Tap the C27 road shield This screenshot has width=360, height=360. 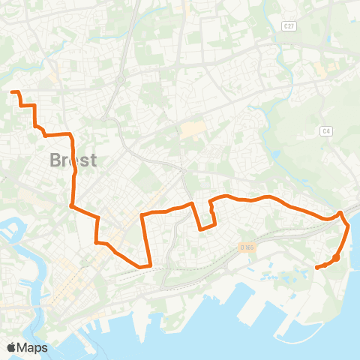(x=288, y=25)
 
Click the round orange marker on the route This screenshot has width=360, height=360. (x=336, y=258)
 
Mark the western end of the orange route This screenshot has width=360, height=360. (x=12, y=92)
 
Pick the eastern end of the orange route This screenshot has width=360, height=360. (x=316, y=267)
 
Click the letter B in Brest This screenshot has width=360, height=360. (x=55, y=160)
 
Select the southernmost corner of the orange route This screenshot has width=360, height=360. (x=142, y=265)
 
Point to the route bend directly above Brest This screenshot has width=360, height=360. (x=70, y=135)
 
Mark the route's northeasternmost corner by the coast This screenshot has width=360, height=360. (x=342, y=213)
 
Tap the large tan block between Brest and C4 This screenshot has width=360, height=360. (x=193, y=130)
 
